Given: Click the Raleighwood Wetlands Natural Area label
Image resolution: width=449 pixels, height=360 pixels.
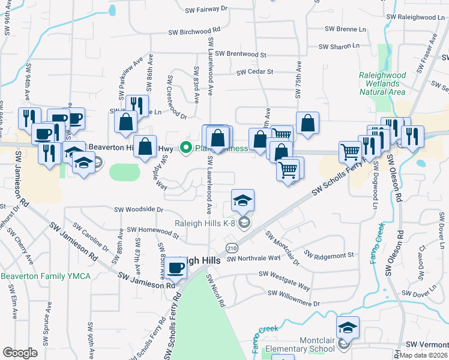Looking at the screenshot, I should point(382,83).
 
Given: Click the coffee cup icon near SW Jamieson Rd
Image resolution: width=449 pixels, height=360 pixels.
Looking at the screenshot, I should point(176,268).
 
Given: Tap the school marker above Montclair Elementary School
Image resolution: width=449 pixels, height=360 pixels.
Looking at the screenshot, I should point(348,327).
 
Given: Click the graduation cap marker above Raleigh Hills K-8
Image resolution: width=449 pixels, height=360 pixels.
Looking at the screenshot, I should point(243,200).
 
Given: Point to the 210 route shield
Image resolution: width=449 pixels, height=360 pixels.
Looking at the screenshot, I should point(232,247).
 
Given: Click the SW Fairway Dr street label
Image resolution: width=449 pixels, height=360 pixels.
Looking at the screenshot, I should point(206,9).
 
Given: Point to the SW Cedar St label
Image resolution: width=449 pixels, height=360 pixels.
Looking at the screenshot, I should point(255,71).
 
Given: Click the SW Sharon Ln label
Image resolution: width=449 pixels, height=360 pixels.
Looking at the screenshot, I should point(339,46).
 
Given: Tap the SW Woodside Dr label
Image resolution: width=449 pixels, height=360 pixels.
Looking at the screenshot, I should point(139,209).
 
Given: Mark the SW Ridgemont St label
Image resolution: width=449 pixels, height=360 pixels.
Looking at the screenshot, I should point(329,255).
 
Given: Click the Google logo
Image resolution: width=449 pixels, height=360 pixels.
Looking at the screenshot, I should point(20,353).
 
